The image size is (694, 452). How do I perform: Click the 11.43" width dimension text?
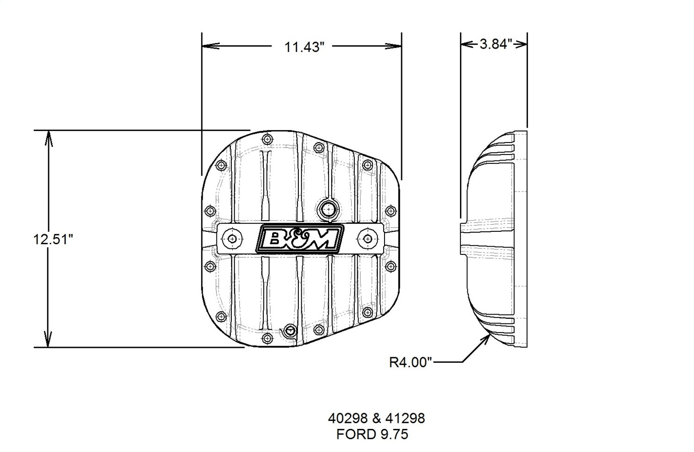click(x=302, y=47)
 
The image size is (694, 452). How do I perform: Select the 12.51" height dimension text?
click(x=53, y=240)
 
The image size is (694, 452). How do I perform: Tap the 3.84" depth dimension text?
click(x=495, y=44)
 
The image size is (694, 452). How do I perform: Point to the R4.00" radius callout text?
click(x=410, y=362)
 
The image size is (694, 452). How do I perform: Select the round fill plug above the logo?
click(x=328, y=209)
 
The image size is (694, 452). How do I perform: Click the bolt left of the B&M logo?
click(x=232, y=238)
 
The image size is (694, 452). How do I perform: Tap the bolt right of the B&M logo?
click(x=367, y=238)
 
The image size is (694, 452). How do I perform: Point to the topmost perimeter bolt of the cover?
click(x=267, y=139)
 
